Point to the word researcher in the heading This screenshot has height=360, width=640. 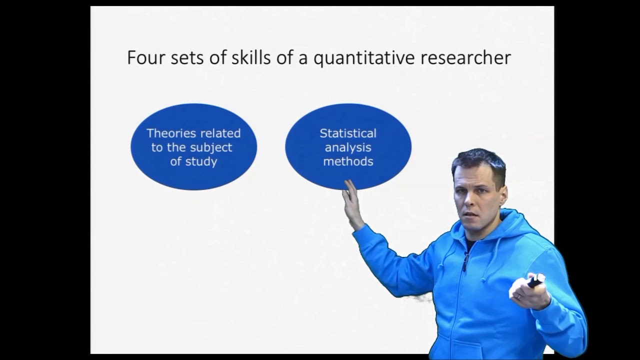tap(465, 57)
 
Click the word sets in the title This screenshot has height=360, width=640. tap(189, 57)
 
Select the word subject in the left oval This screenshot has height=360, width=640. tap(211, 147)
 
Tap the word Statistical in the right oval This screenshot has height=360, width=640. tap(348, 133)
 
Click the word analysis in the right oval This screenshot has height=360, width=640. tap(348, 147)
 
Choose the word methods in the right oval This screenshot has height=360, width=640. tap(348, 161)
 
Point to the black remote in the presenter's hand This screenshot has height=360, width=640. tap(535, 280)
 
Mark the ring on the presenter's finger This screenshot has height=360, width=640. tap(519, 296)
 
